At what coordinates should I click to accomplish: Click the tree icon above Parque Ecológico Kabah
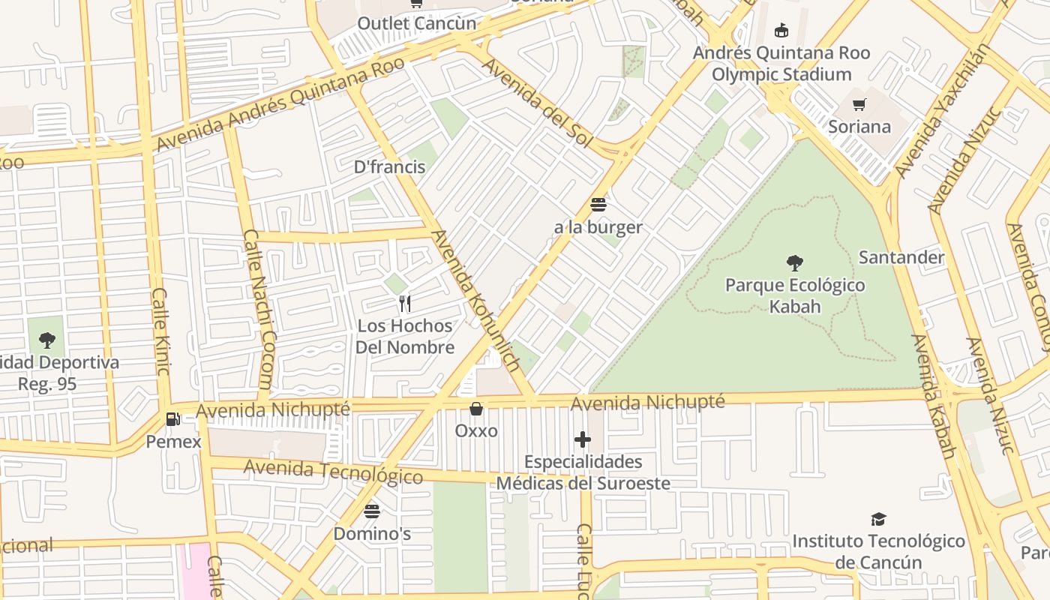(795, 263)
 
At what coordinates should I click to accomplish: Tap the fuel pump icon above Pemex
(173, 419)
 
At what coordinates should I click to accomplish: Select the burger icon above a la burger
(598, 205)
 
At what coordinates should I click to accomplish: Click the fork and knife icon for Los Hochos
(405, 304)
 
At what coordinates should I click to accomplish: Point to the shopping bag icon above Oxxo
(475, 409)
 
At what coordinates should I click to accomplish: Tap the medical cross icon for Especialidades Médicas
(583, 439)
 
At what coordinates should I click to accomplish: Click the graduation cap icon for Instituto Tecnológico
(878, 519)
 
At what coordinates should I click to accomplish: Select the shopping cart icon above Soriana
(859, 104)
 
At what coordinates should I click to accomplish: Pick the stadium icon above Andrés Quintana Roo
(781, 31)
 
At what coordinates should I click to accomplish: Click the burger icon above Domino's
(372, 511)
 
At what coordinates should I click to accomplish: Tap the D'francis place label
(389, 167)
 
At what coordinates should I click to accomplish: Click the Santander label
(901, 257)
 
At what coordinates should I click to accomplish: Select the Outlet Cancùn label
(417, 23)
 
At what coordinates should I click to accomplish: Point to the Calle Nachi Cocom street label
(258, 308)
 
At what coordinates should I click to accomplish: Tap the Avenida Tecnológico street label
(333, 472)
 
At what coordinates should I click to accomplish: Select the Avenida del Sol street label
(536, 103)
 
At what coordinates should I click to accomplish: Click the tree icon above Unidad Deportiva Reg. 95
(47, 340)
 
